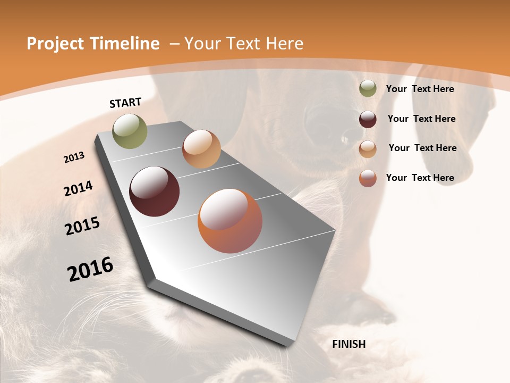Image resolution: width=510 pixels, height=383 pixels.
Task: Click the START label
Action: click(x=125, y=103)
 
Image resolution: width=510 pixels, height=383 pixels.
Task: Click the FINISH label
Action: click(x=348, y=344)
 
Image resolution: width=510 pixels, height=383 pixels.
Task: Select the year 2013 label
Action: click(x=74, y=157)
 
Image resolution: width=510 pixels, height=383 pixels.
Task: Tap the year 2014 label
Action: click(x=78, y=188)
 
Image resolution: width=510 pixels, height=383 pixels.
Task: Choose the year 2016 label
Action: click(x=90, y=269)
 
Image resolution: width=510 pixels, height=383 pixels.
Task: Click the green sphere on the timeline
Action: click(x=130, y=131)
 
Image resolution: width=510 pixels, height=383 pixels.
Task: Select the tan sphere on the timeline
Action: click(x=201, y=149)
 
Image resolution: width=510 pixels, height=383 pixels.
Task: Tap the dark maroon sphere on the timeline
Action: click(x=154, y=191)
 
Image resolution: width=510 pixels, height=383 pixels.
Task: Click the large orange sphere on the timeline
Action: click(x=229, y=221)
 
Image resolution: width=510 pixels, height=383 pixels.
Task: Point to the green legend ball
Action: click(x=368, y=89)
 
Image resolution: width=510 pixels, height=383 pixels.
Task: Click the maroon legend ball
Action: click(x=368, y=119)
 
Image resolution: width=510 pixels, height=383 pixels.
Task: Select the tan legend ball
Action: click(x=368, y=148)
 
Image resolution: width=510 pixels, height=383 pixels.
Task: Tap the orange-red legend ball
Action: click(x=368, y=178)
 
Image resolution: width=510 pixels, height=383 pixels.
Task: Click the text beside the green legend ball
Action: click(x=420, y=89)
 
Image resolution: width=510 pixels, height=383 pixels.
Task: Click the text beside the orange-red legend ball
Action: click(x=420, y=178)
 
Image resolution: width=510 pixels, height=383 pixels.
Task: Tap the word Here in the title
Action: click(x=284, y=44)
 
